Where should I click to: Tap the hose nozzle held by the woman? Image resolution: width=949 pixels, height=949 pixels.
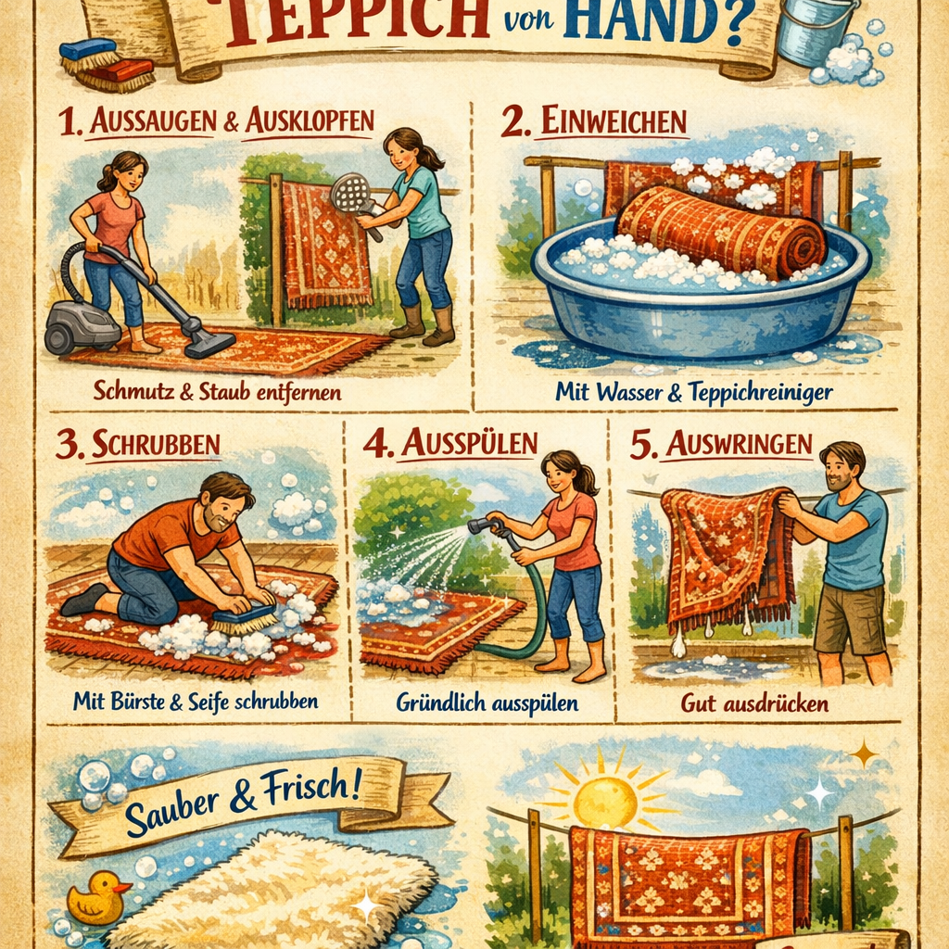pyautogui.click(x=478, y=526)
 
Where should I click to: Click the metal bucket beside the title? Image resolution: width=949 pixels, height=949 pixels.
pyautogui.click(x=813, y=32)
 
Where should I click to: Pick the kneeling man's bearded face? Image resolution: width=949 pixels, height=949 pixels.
pyautogui.click(x=225, y=508)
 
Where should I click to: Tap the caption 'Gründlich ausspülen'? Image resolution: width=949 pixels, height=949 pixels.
pyautogui.click(x=487, y=703)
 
